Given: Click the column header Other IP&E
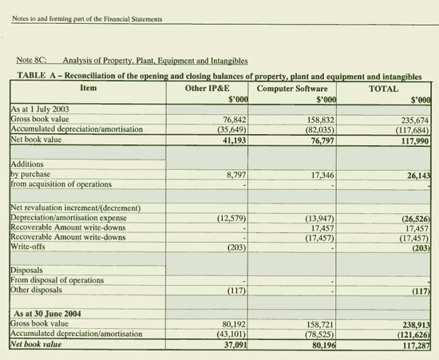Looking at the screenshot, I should click(x=208, y=88).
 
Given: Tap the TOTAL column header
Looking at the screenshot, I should click(x=384, y=88).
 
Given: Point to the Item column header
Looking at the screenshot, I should click(x=89, y=88).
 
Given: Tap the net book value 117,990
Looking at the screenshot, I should click(x=413, y=140).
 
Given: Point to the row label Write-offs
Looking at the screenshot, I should click(x=28, y=247).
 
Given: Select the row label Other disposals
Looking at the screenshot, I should click(x=38, y=289).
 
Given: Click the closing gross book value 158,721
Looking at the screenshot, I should click(x=318, y=325).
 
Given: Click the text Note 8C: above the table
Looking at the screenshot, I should click(x=33, y=60).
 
